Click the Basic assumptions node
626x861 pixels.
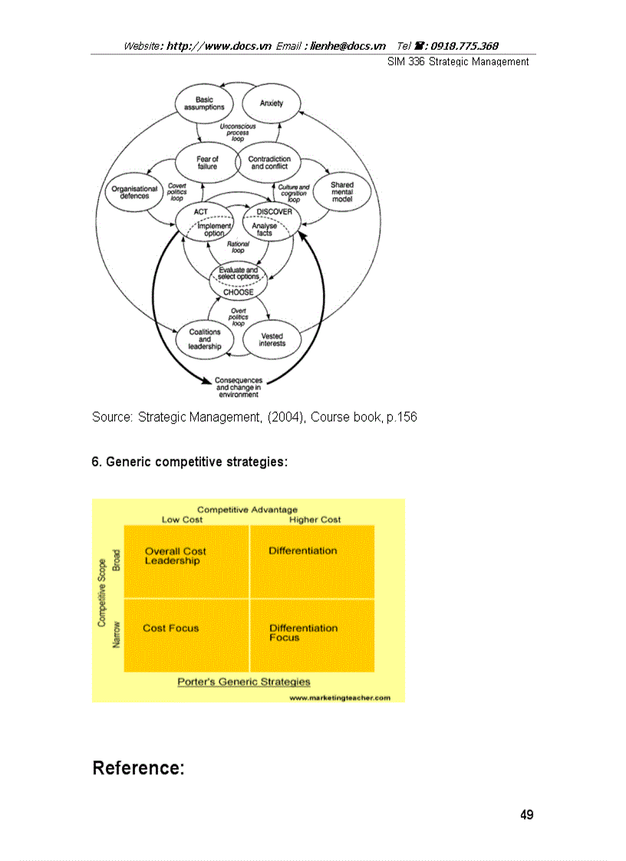tap(204, 104)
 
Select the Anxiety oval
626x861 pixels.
tap(272, 104)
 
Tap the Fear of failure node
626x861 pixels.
tap(207, 163)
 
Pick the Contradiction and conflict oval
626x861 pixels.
tap(269, 163)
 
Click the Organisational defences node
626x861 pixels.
tap(134, 192)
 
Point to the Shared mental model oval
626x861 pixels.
tap(342, 192)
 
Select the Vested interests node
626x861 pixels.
tap(272, 340)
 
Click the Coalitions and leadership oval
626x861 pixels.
tap(205, 340)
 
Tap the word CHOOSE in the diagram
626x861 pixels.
tap(238, 291)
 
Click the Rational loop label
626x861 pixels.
tap(238, 247)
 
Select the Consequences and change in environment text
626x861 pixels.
tap(238, 387)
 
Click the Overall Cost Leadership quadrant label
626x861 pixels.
tap(175, 556)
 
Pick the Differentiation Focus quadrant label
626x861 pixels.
tap(303, 633)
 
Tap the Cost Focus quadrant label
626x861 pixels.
tap(170, 628)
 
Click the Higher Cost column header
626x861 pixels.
tap(315, 520)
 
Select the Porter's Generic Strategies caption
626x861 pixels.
tap(244, 682)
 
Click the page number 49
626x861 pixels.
tap(526, 815)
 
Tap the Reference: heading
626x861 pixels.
tap(138, 768)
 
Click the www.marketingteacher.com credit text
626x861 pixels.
tap(340, 698)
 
